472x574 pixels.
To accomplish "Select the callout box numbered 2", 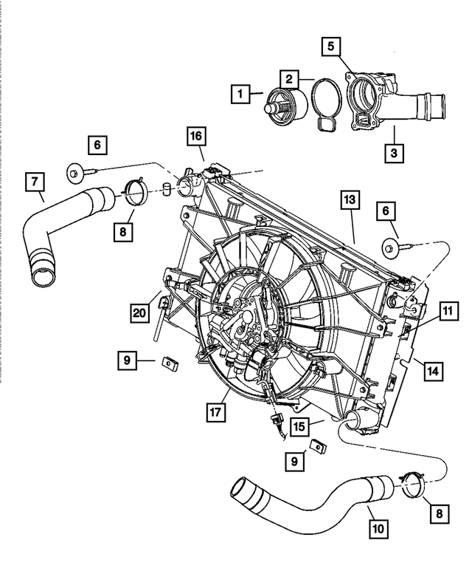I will coord(290,78).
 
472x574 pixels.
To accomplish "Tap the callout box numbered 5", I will coord(331,47).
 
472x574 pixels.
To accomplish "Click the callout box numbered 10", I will coord(380,529).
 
